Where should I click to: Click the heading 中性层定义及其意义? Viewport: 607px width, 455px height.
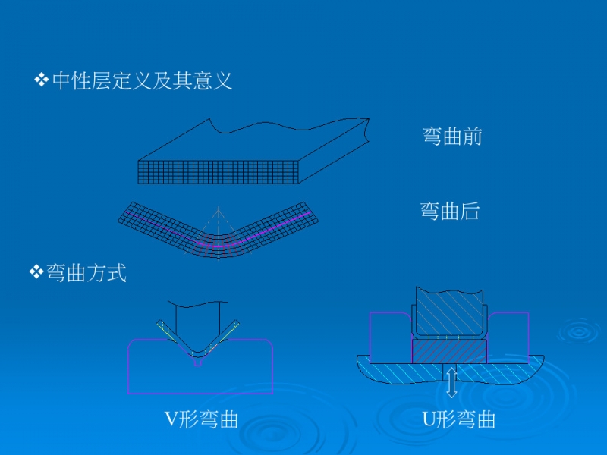point(142,80)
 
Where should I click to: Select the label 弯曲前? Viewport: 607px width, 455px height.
point(452,136)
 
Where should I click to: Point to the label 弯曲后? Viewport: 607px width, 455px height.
point(450,211)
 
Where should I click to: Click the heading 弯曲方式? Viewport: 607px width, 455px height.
point(86,273)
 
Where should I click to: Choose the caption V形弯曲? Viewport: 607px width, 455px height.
point(202,419)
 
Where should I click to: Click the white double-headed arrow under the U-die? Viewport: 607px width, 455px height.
point(451,381)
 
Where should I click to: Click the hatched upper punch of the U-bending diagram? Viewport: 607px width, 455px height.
point(448,311)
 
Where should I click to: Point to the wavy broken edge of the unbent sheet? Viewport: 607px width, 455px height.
point(288,124)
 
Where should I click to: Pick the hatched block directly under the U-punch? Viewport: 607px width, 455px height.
point(449,351)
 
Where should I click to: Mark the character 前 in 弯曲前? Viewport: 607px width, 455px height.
point(472,136)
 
